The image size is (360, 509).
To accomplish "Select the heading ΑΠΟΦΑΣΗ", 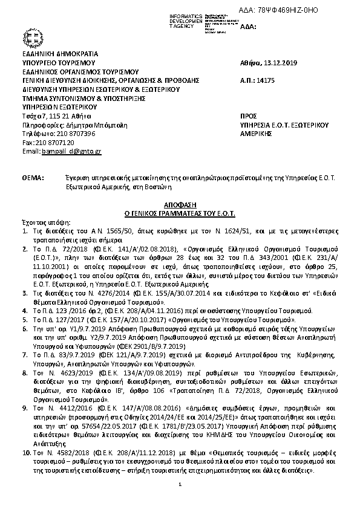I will (x=180, y=206).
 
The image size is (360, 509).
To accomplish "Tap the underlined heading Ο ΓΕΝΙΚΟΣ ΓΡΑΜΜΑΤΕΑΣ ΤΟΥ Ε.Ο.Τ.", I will (x=180, y=214).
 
